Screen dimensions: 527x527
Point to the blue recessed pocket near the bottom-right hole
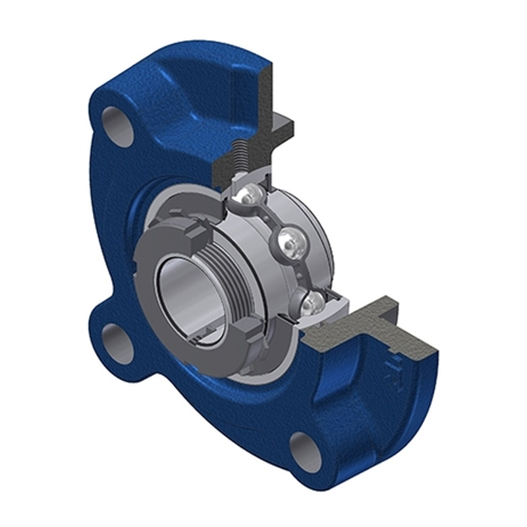[343, 395]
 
